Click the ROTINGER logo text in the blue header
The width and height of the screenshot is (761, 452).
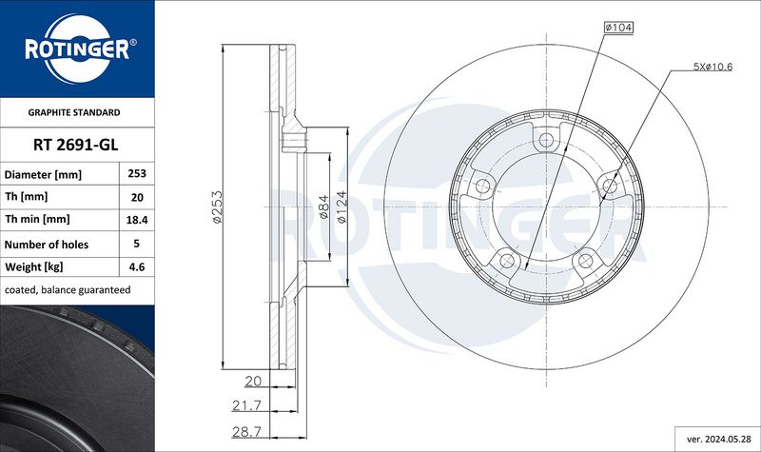click(78, 49)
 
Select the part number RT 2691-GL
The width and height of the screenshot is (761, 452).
click(76, 145)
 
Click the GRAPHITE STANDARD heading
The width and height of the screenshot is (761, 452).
click(74, 112)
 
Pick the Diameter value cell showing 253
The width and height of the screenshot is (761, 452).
click(137, 173)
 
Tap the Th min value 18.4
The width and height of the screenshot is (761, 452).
click(137, 220)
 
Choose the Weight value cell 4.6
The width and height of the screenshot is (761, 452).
click(137, 266)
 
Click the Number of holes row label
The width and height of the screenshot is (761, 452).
click(47, 245)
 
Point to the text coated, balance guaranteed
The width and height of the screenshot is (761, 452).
click(68, 290)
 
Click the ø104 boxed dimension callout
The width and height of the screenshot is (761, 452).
click(618, 28)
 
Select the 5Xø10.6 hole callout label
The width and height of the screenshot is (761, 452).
click(712, 67)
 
